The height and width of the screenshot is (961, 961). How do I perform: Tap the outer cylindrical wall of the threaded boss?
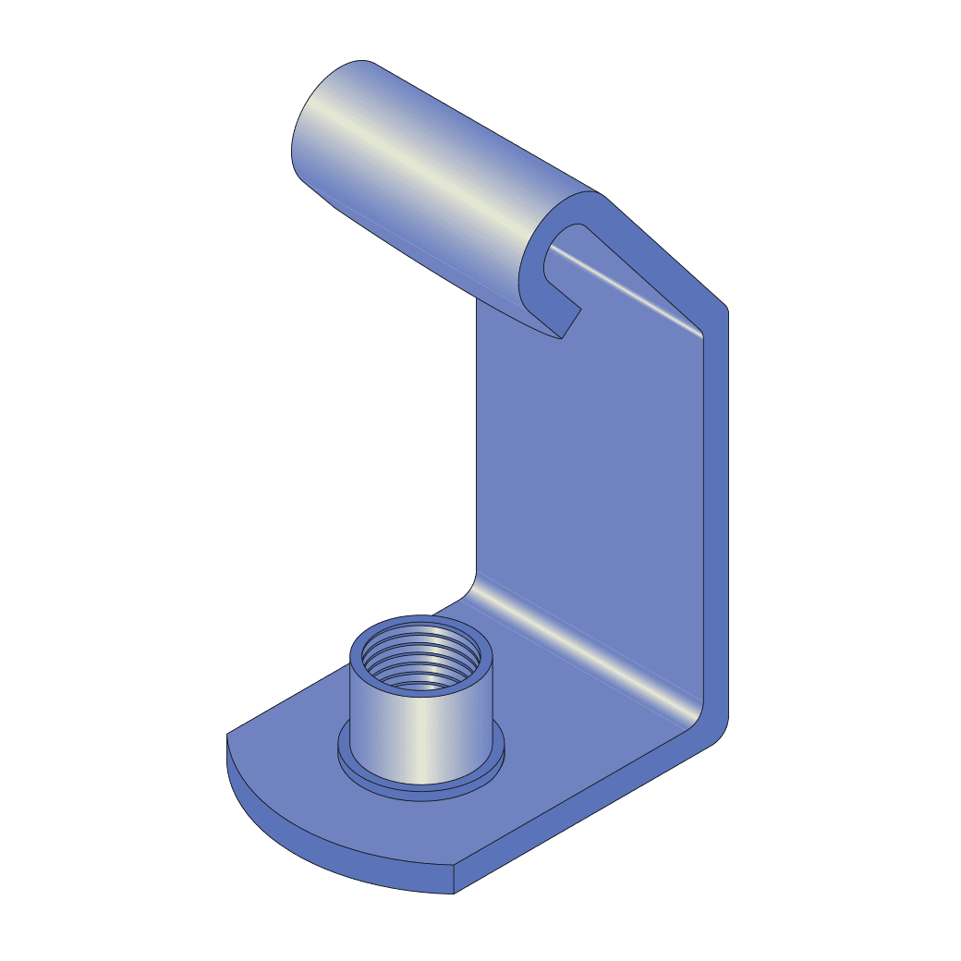click(x=420, y=730)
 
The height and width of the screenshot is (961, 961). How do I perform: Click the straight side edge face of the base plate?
click(x=591, y=813)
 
